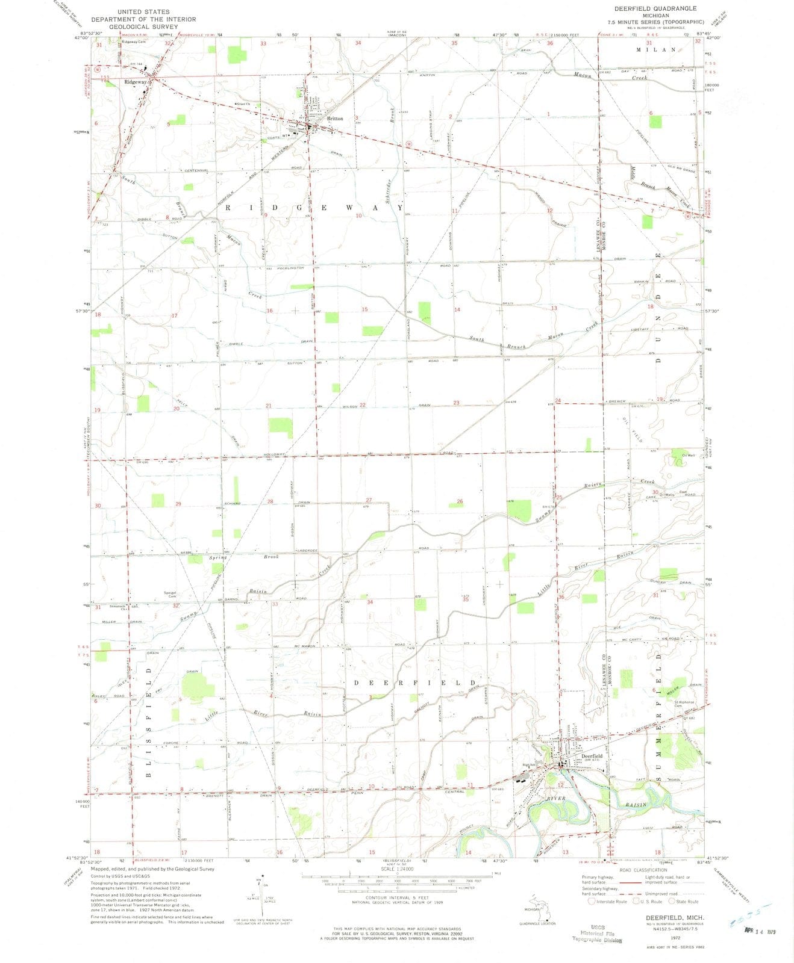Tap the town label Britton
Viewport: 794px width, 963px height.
335,119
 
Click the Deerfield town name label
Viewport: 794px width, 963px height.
592,755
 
